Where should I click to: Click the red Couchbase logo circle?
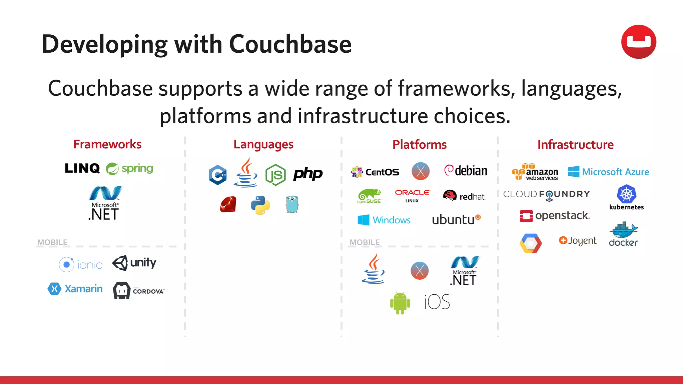click(x=638, y=42)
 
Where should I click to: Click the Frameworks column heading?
click(x=107, y=144)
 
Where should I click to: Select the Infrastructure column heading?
click(x=575, y=145)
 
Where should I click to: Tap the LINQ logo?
click(x=82, y=168)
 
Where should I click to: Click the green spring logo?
click(x=129, y=169)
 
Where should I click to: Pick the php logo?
click(x=307, y=174)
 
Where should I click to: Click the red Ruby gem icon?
click(x=228, y=204)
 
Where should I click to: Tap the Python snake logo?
click(x=260, y=205)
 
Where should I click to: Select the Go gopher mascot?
click(x=292, y=204)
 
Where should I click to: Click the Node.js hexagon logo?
click(x=275, y=175)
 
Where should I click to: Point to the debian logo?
click(x=466, y=171)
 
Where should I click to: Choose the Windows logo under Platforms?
click(x=384, y=220)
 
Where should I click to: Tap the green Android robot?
click(x=400, y=303)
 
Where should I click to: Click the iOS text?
click(x=437, y=302)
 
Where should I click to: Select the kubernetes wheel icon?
click(x=626, y=194)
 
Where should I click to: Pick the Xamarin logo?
click(x=75, y=289)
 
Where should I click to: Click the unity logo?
click(x=134, y=263)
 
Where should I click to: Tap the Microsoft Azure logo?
click(x=608, y=172)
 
